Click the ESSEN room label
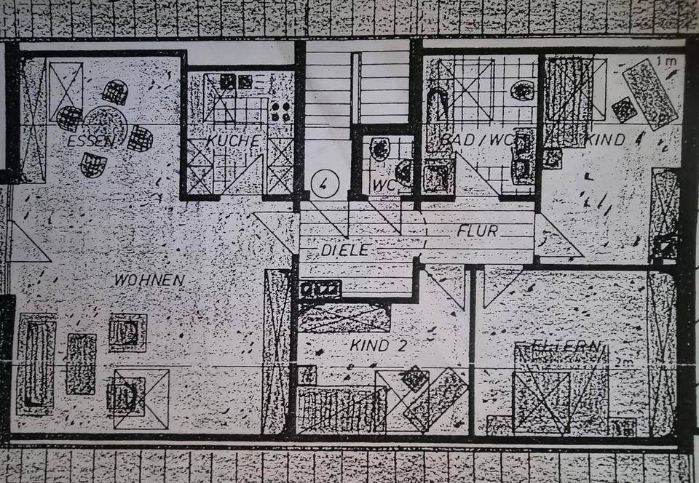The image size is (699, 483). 90,141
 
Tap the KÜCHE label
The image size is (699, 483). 233,140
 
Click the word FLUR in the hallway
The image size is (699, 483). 477,232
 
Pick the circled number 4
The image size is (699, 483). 322,183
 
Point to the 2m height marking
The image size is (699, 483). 621,362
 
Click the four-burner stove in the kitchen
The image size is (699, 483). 280,111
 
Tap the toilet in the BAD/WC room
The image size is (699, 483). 522,91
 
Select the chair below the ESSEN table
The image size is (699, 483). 93,164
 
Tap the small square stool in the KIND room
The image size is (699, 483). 624,110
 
